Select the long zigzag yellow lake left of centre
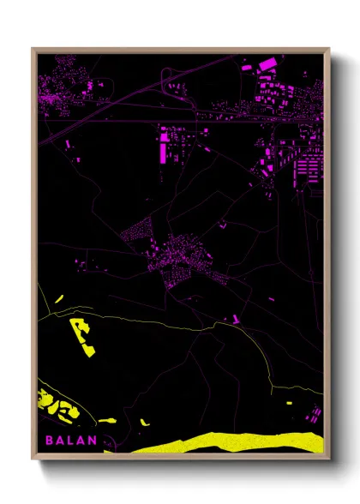[x=83, y=337]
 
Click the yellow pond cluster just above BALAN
[x=57, y=406]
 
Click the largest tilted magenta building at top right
[x=267, y=63]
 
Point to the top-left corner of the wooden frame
[x=33, y=49]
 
